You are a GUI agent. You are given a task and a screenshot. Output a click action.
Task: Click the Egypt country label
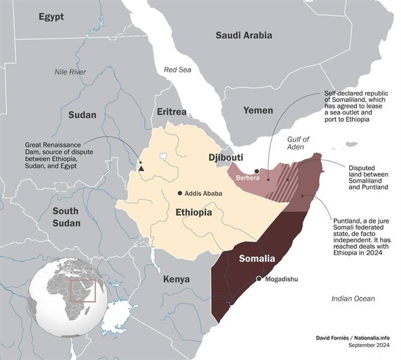(x=51, y=17)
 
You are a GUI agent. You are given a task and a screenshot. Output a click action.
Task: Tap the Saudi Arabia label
(x=244, y=35)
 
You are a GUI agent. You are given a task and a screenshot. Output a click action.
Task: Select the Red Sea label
(x=177, y=70)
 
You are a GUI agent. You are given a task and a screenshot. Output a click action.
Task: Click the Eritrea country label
(x=172, y=112)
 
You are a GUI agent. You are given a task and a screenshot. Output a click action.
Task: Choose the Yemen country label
(x=258, y=110)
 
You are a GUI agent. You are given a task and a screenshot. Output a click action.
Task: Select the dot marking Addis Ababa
(x=180, y=193)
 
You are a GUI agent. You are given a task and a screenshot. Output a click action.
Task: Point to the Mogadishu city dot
(x=259, y=279)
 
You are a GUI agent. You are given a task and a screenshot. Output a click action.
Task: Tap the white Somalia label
(x=257, y=258)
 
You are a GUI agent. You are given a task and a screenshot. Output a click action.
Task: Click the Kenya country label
(x=176, y=279)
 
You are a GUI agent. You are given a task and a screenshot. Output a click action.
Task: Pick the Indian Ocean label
(x=353, y=298)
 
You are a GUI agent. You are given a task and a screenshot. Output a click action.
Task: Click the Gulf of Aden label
(x=297, y=144)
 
